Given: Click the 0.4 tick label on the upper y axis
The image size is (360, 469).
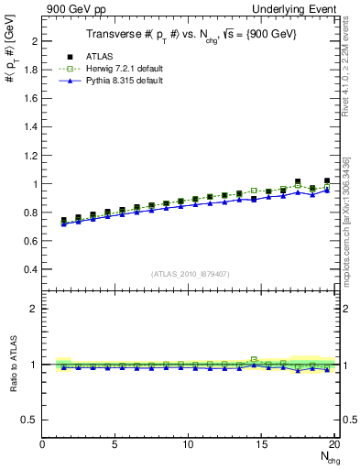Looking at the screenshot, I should (x=31, y=269).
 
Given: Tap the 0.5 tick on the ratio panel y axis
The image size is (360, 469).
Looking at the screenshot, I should (x=31, y=420).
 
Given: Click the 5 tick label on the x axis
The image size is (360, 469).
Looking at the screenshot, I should (x=115, y=445).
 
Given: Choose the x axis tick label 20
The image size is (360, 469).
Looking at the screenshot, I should (x=334, y=445).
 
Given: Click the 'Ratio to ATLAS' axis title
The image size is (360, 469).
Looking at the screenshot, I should (x=12, y=365).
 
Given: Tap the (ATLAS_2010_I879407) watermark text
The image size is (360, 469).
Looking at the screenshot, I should (x=189, y=274).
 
